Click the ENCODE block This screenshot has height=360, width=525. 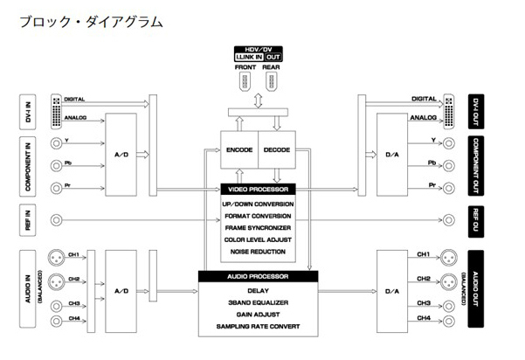click(x=239, y=149)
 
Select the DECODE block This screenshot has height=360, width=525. click(x=276, y=149)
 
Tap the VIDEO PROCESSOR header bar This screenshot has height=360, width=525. click(x=258, y=189)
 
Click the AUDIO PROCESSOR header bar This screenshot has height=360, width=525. click(x=258, y=276)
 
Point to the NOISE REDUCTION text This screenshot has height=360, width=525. click(x=258, y=253)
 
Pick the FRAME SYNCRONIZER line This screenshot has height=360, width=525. click(x=258, y=227)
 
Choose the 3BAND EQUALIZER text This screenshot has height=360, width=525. click(x=258, y=302)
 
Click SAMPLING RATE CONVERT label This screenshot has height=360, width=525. click(x=258, y=328)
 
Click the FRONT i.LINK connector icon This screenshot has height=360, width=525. click(x=245, y=80)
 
